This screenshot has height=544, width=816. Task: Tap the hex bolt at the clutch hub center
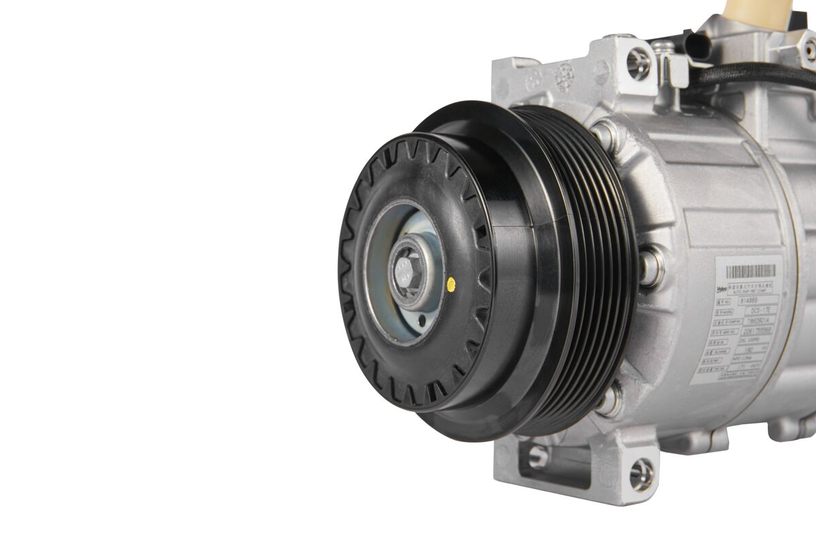pos(405,273)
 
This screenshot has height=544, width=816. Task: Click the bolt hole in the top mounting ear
pos(639,63)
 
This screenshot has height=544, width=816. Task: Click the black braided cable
pos(755,75)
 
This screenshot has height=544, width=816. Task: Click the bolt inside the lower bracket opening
pos(538,456)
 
